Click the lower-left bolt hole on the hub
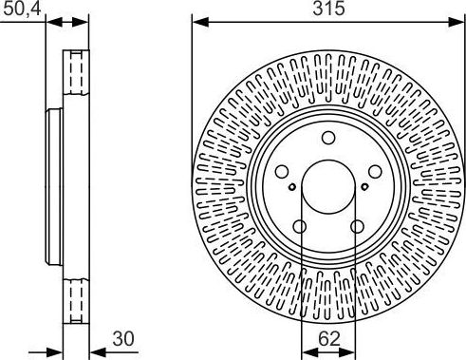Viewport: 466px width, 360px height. click(x=300, y=226)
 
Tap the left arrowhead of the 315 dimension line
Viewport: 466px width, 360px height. click(x=197, y=20)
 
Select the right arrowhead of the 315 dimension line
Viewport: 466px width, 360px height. click(x=459, y=20)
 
